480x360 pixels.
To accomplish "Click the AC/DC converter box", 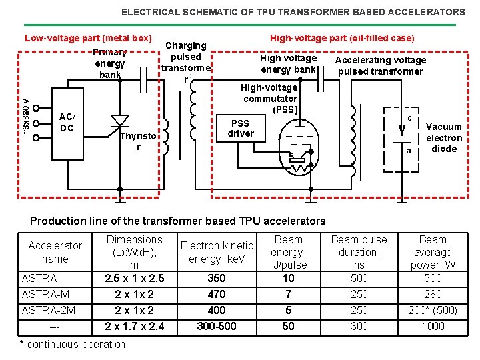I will pos(67,122).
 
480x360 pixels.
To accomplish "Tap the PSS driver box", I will pos(240,128).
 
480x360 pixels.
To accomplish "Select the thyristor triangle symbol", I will pos(120,121).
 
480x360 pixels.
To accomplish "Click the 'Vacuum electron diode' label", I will pos(444,137).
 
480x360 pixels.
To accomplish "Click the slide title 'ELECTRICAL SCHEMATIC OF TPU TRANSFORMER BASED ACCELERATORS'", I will pos(293,12).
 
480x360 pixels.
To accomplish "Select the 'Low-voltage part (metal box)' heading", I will pos(88,38).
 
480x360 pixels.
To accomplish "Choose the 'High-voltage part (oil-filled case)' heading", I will pos(342,38).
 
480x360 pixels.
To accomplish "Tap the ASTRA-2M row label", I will pos(48,310).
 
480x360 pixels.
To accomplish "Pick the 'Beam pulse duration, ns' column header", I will pos(359,252).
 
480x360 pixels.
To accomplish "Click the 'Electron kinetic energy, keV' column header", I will pos(217,252).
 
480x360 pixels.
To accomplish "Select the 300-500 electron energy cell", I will pos(217,326).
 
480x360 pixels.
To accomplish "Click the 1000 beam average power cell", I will pos(433,326).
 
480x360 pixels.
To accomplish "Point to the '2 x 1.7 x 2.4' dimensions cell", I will pos(135,326).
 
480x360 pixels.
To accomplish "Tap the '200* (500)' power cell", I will pos(433,310).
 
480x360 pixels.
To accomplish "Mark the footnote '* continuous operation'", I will pos(73,344).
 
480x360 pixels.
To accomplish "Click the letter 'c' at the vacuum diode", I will pos(409,118).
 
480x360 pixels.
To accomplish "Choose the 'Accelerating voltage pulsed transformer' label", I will pos(380,65).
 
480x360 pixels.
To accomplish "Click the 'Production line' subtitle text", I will pos(179,221).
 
